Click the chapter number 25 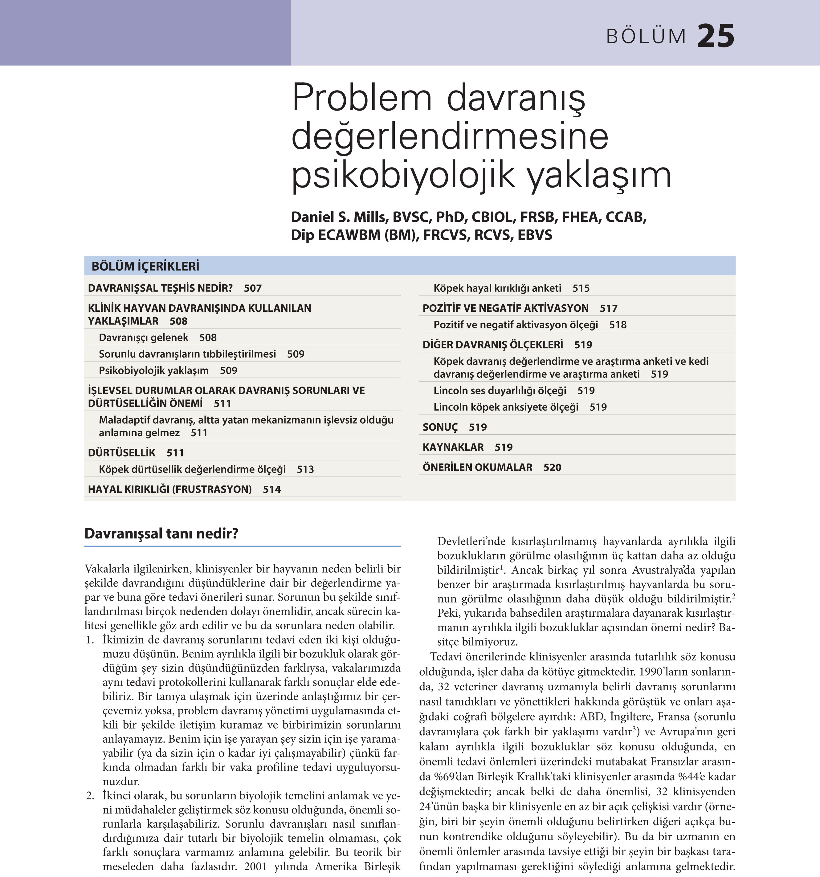[x=716, y=36]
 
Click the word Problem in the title [x=361, y=98]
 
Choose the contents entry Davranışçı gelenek [x=143, y=338]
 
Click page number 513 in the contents [x=305, y=469]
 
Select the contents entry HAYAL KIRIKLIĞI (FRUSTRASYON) [x=170, y=489]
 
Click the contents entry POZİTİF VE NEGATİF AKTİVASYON [x=505, y=308]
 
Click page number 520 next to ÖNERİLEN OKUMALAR [x=552, y=468]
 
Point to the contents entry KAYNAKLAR [x=453, y=447]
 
